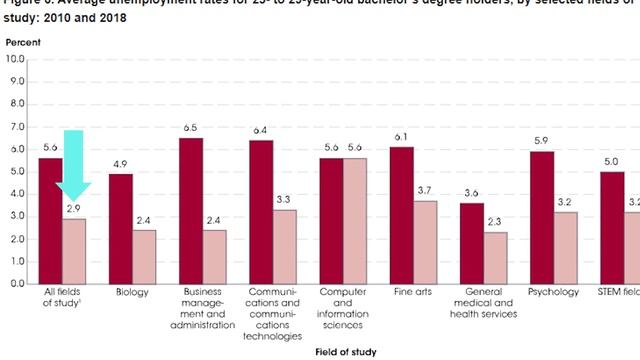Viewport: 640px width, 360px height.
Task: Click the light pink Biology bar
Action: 145,256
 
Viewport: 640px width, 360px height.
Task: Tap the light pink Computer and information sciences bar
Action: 355,220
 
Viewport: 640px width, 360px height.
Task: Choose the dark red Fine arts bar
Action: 401,214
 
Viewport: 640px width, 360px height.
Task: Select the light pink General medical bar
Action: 495,257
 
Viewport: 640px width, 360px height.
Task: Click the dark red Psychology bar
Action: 541,217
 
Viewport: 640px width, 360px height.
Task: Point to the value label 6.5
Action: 191,128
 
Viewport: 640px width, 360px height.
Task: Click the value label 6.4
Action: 260,131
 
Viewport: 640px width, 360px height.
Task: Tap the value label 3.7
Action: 425,191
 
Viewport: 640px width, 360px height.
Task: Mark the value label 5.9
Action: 541,141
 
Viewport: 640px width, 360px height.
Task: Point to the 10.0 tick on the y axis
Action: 15,59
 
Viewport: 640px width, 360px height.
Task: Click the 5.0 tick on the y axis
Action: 15,171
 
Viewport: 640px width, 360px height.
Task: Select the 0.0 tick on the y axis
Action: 15,284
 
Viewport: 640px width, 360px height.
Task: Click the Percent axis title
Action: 23,43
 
